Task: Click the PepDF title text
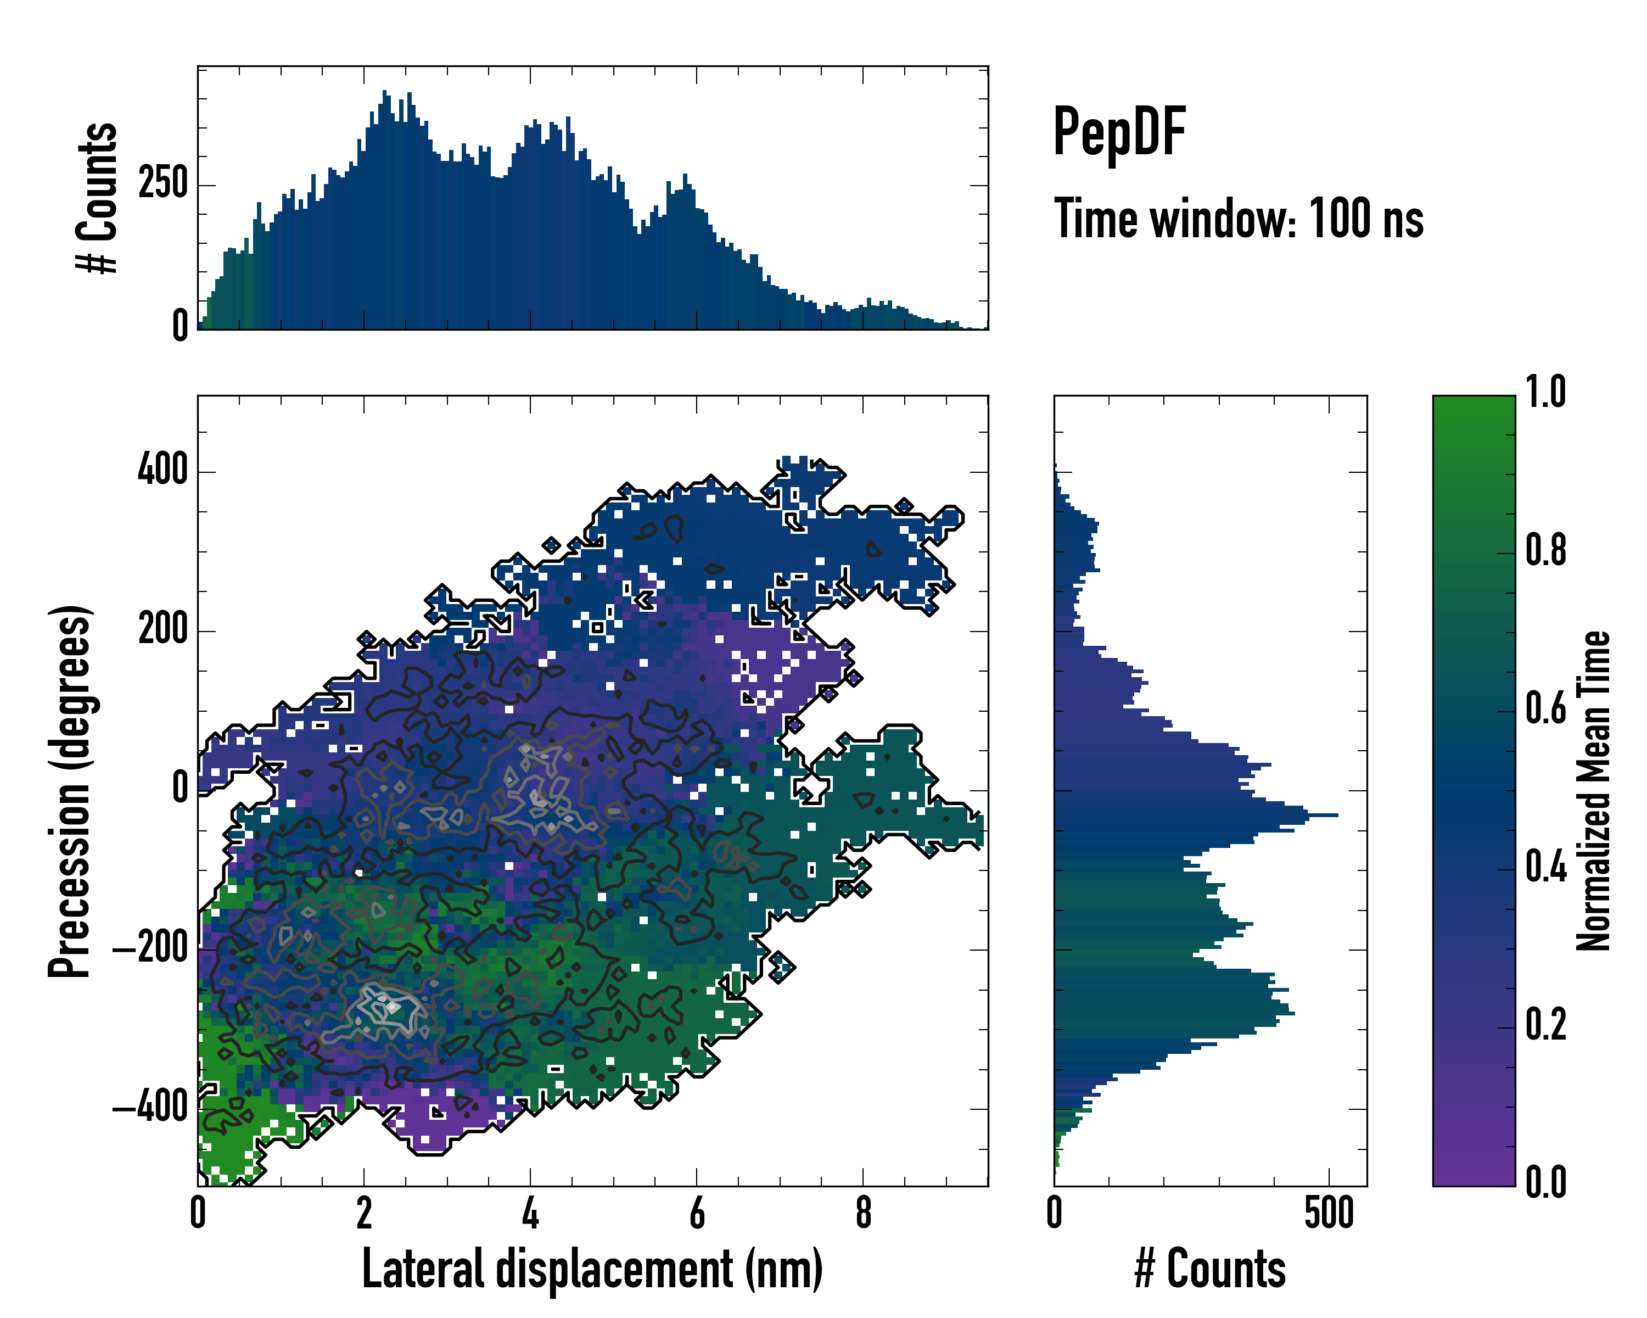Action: [x=1119, y=133]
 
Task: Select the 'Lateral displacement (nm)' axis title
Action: [x=592, y=1269]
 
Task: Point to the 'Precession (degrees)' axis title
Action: [x=70, y=791]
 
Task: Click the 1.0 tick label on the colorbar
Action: [x=1545, y=393]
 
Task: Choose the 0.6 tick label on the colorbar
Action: [x=1545, y=709]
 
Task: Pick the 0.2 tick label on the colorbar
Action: [x=1545, y=1025]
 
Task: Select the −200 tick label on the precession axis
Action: [x=150, y=948]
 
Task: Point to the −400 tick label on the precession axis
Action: [x=150, y=1107]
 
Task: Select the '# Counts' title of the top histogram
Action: [x=97, y=198]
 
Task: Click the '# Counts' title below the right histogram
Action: [x=1210, y=1269]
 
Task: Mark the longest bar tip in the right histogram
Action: [x=1337, y=816]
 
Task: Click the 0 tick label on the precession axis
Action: [x=180, y=789]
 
